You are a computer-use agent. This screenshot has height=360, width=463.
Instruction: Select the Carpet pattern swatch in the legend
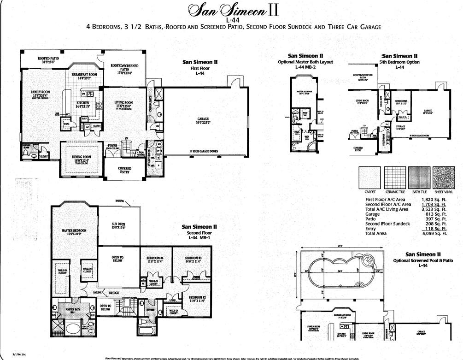pos(369,177)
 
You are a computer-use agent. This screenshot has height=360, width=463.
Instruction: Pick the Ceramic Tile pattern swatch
pos(395,177)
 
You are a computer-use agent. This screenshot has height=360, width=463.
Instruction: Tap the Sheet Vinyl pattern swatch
pos(444,177)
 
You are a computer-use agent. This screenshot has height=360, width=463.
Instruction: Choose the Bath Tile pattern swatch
pos(419,177)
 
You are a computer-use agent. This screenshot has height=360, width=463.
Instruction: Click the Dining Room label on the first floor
pos(82,158)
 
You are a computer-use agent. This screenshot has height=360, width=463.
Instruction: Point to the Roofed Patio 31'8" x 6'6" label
pos(48,60)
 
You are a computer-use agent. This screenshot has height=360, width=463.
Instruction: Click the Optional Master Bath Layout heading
pos(305,62)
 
